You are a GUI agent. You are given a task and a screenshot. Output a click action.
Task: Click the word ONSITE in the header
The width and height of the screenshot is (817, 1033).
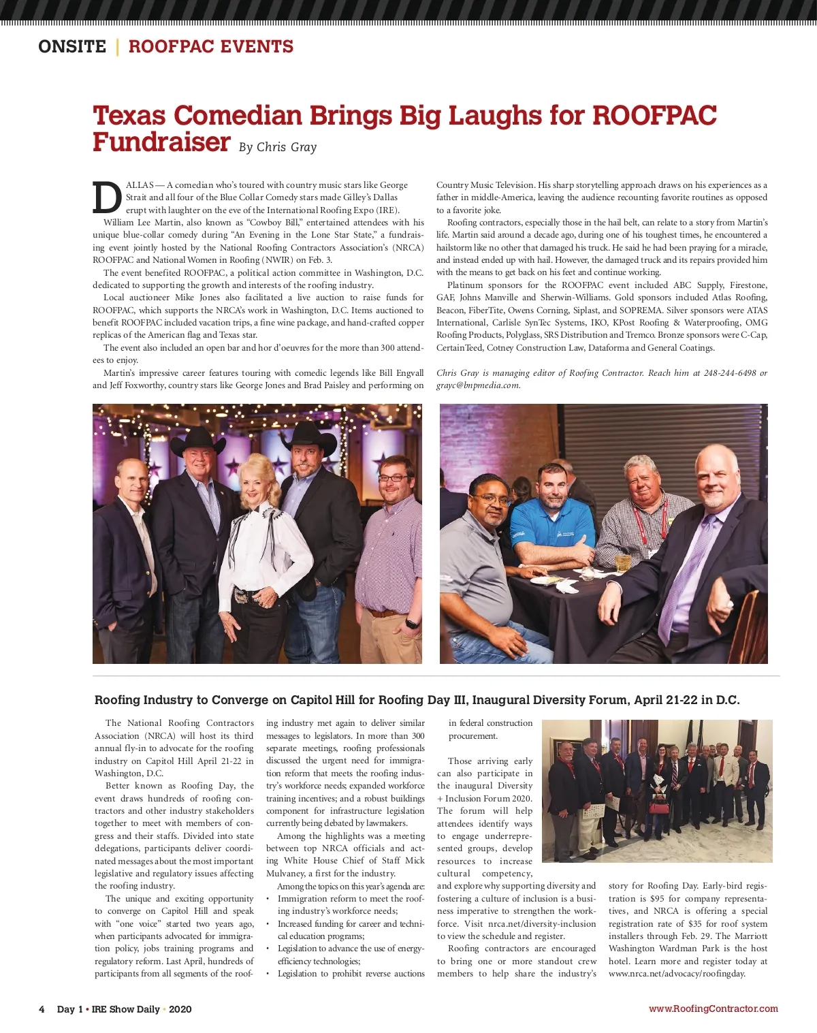point(72,46)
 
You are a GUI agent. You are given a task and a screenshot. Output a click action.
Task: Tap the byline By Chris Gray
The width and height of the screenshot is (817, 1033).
point(278,147)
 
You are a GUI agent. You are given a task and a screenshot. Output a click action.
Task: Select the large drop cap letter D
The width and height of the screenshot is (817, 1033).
point(107,197)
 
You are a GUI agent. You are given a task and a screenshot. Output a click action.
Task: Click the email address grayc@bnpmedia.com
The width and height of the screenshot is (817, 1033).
point(478,385)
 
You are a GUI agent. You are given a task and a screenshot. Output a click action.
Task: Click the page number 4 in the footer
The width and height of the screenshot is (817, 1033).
point(42,1009)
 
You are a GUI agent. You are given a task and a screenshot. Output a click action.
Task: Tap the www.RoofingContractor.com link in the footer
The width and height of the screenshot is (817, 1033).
point(713,1008)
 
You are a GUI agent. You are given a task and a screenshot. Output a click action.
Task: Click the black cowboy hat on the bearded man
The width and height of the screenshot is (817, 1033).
point(309,439)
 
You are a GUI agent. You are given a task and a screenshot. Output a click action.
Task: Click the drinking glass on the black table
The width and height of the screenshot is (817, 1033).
point(623,562)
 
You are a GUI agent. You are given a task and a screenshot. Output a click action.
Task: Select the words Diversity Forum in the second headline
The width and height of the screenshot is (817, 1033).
point(584,700)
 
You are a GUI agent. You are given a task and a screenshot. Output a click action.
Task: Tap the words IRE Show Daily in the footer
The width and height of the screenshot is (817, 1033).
point(126,1009)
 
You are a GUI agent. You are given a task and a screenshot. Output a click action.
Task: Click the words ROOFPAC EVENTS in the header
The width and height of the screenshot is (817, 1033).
point(211,46)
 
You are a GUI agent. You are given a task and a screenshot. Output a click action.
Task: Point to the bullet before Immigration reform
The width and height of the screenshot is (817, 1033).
point(270,899)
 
